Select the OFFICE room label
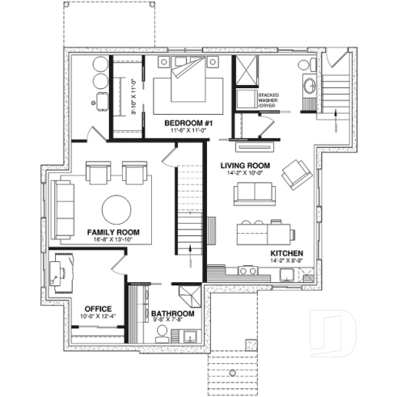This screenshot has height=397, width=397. point(98,308)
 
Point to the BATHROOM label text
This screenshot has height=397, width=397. point(172,314)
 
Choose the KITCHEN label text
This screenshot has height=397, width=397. point(286,252)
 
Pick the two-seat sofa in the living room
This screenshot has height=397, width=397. point(252,192)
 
